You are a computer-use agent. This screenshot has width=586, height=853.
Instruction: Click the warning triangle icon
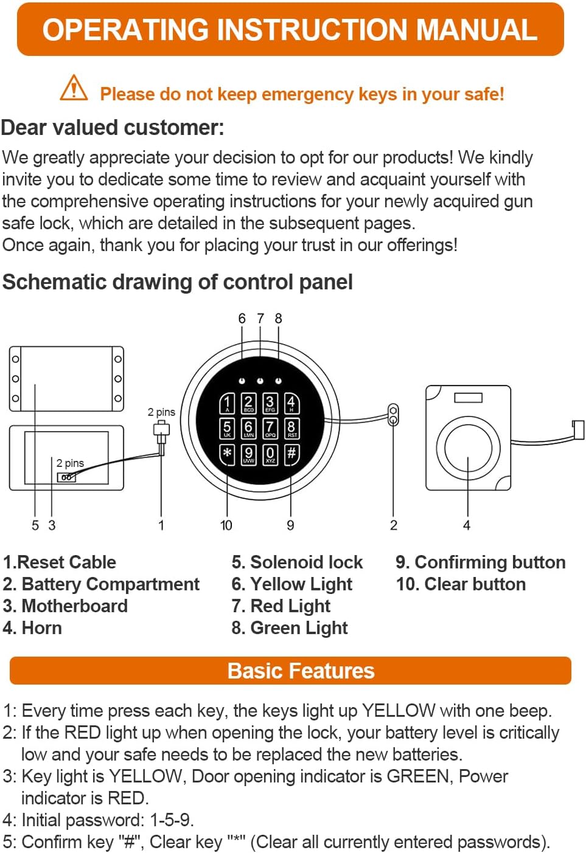tap(74, 88)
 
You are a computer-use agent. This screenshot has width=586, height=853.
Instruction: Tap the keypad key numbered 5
tap(227, 429)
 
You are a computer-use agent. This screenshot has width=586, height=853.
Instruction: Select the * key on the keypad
tap(227, 454)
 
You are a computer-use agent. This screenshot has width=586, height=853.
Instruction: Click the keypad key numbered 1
tap(227, 403)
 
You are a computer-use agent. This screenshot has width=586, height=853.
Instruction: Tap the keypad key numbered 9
tap(248, 454)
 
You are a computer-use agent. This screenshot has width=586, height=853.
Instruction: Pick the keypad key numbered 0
tap(270, 454)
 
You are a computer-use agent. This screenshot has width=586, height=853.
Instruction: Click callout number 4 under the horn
tap(467, 525)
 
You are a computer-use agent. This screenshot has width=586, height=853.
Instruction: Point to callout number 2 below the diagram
tap(394, 525)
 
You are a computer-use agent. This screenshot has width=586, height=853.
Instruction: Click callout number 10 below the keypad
tap(226, 525)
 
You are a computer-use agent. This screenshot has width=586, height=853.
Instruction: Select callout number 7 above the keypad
tap(260, 319)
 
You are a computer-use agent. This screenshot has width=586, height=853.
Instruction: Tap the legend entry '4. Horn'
tap(32, 627)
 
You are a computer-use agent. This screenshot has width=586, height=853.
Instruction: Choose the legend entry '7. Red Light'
tap(281, 606)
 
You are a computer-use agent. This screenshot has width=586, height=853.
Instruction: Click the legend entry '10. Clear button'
tap(461, 584)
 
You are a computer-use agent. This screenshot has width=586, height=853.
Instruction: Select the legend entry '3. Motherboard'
tap(65, 606)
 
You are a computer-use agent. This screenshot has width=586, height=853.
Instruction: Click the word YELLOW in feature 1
tap(399, 711)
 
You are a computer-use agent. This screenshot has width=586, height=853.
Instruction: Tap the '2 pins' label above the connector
tap(161, 412)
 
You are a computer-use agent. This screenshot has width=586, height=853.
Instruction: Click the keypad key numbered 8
tap(291, 429)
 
